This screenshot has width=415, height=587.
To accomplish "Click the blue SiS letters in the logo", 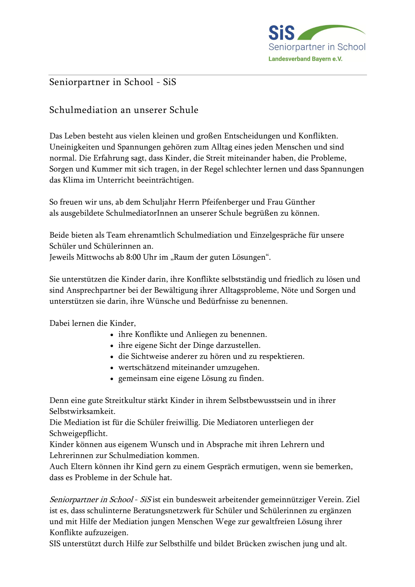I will [x=281, y=33].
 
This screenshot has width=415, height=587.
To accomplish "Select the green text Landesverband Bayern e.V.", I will [x=305, y=59].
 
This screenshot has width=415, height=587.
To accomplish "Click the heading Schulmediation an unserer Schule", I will [x=124, y=110].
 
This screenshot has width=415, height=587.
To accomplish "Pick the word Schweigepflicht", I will [x=78, y=433].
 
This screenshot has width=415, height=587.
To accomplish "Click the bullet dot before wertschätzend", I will [x=112, y=368].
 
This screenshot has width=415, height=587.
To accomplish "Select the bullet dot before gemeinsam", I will [x=112, y=379].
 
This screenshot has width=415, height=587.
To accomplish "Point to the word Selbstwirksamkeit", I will [x=82, y=411].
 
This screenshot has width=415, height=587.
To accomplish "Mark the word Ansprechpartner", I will [x=96, y=290].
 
